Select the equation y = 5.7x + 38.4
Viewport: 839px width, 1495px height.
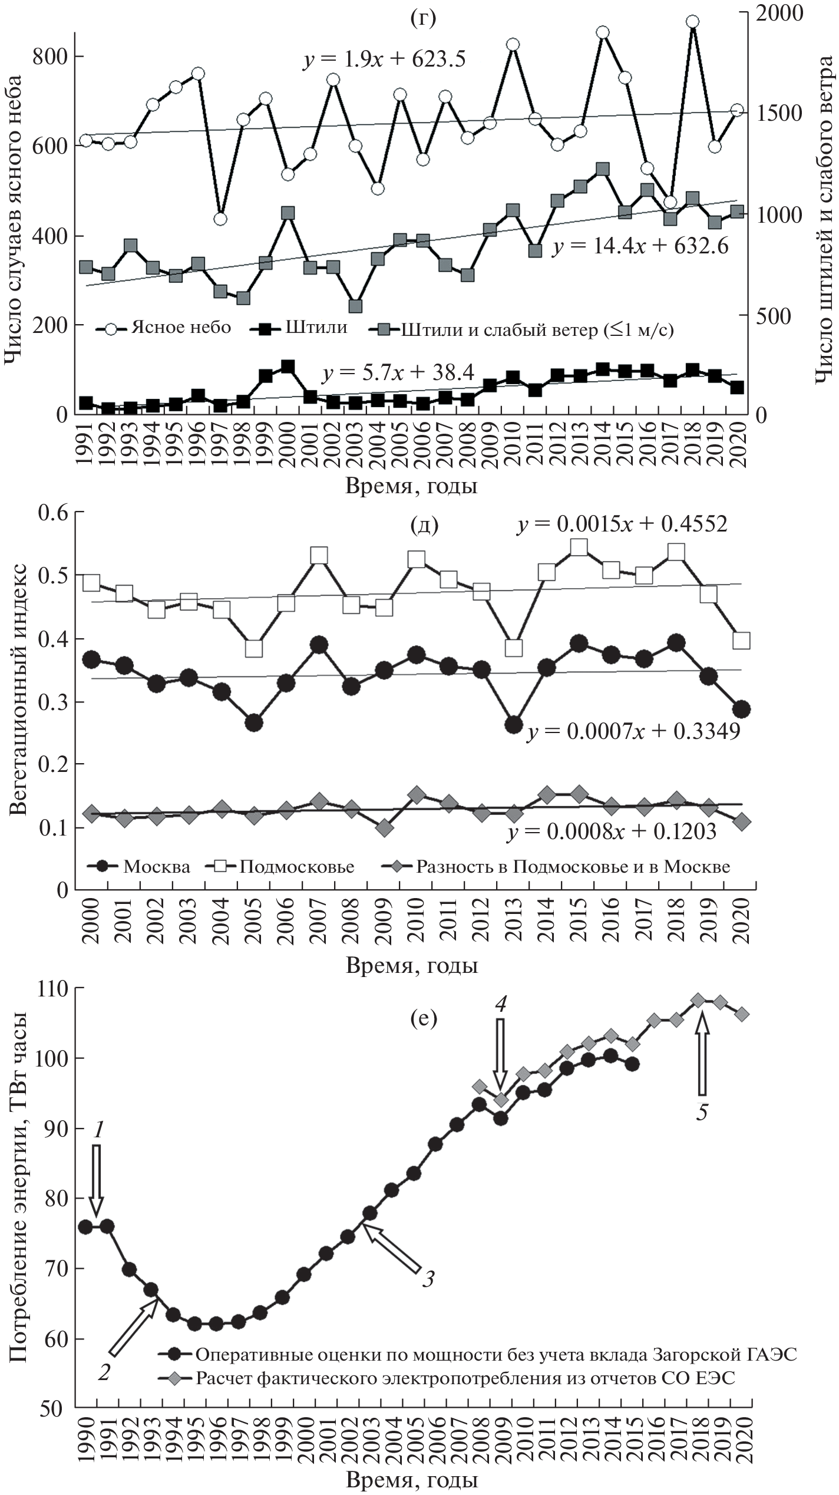pyautogui.click(x=399, y=373)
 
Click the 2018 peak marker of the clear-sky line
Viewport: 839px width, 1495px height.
pyautogui.click(x=693, y=22)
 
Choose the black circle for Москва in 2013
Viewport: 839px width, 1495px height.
pyautogui.click(x=514, y=724)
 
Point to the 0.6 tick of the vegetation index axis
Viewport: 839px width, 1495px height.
pyautogui.click(x=54, y=512)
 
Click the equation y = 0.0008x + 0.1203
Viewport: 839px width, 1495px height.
pyautogui.click(x=612, y=831)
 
